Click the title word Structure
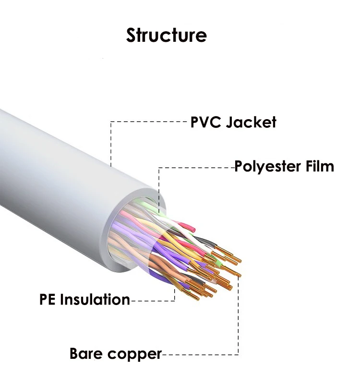coord(166,35)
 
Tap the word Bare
coord(86,354)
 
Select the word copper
coord(134,354)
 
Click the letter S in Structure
coord(132,35)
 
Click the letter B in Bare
coord(74,354)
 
